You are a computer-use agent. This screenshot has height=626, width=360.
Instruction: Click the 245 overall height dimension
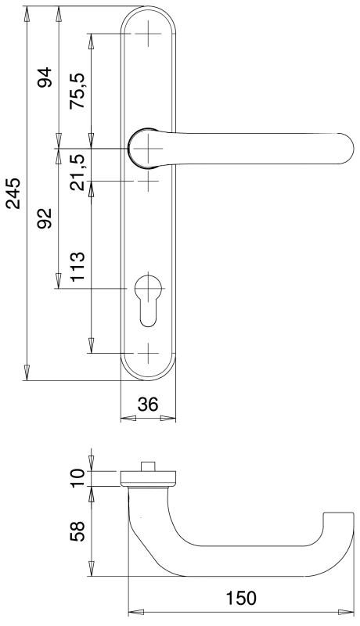pos(14,193)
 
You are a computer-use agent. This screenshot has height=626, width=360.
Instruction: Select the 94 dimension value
pos(45,77)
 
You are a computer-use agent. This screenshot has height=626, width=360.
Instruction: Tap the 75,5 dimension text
pos(77,92)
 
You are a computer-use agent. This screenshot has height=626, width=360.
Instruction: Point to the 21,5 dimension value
pos(77,172)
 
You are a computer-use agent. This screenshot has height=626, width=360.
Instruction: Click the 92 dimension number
pos(45,218)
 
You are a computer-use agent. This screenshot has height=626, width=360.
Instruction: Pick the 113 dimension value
pos(77,267)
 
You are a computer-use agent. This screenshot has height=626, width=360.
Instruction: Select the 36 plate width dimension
pos(148,405)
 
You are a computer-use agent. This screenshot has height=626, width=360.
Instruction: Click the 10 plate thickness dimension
pos(77,478)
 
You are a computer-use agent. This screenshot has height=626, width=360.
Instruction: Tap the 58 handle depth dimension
pos(77,531)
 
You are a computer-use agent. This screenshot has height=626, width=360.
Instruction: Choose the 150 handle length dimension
pos(241,599)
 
